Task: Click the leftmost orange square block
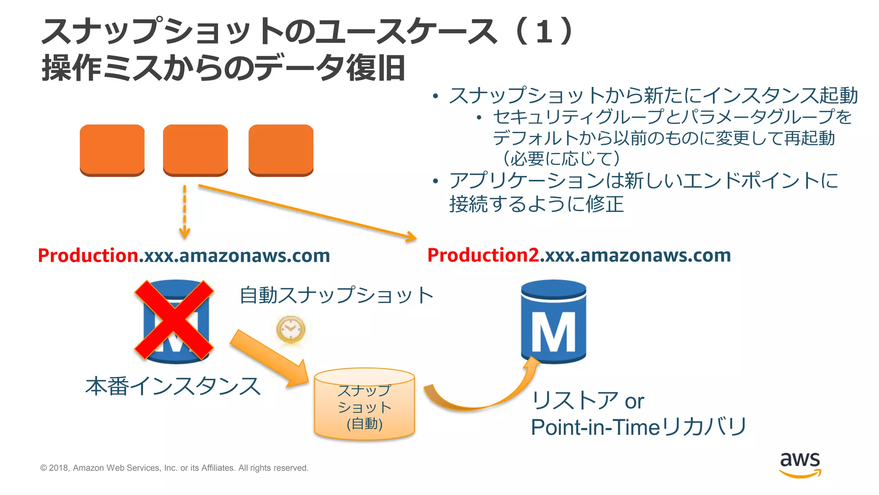coord(112,150)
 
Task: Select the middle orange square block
coord(195,150)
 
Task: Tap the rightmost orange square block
coord(281,150)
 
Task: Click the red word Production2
coord(483,255)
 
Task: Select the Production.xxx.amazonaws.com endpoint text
coord(184,256)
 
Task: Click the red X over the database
coord(174,320)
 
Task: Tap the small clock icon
coord(291,330)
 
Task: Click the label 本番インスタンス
coord(173,386)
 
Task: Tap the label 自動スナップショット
coord(336,296)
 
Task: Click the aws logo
coord(800,464)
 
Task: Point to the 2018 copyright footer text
coord(174,468)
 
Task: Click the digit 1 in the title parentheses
coord(544,32)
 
